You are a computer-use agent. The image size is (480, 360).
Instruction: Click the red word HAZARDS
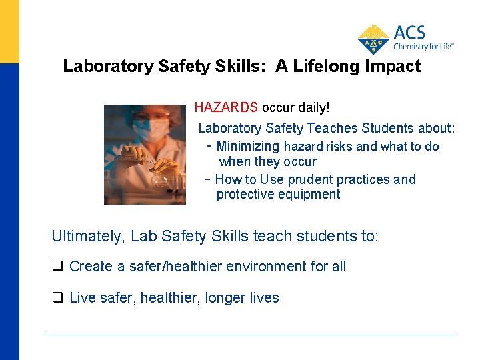click(x=226, y=107)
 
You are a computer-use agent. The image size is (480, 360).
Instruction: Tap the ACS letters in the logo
click(x=409, y=33)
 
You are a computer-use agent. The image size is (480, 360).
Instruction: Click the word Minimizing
click(x=248, y=146)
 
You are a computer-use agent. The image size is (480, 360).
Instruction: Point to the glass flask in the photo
click(x=160, y=177)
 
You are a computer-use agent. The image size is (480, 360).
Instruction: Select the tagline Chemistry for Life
click(x=423, y=47)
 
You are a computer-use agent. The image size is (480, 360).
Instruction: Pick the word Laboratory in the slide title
click(x=107, y=67)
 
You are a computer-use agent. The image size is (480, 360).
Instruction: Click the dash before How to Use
click(x=209, y=179)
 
